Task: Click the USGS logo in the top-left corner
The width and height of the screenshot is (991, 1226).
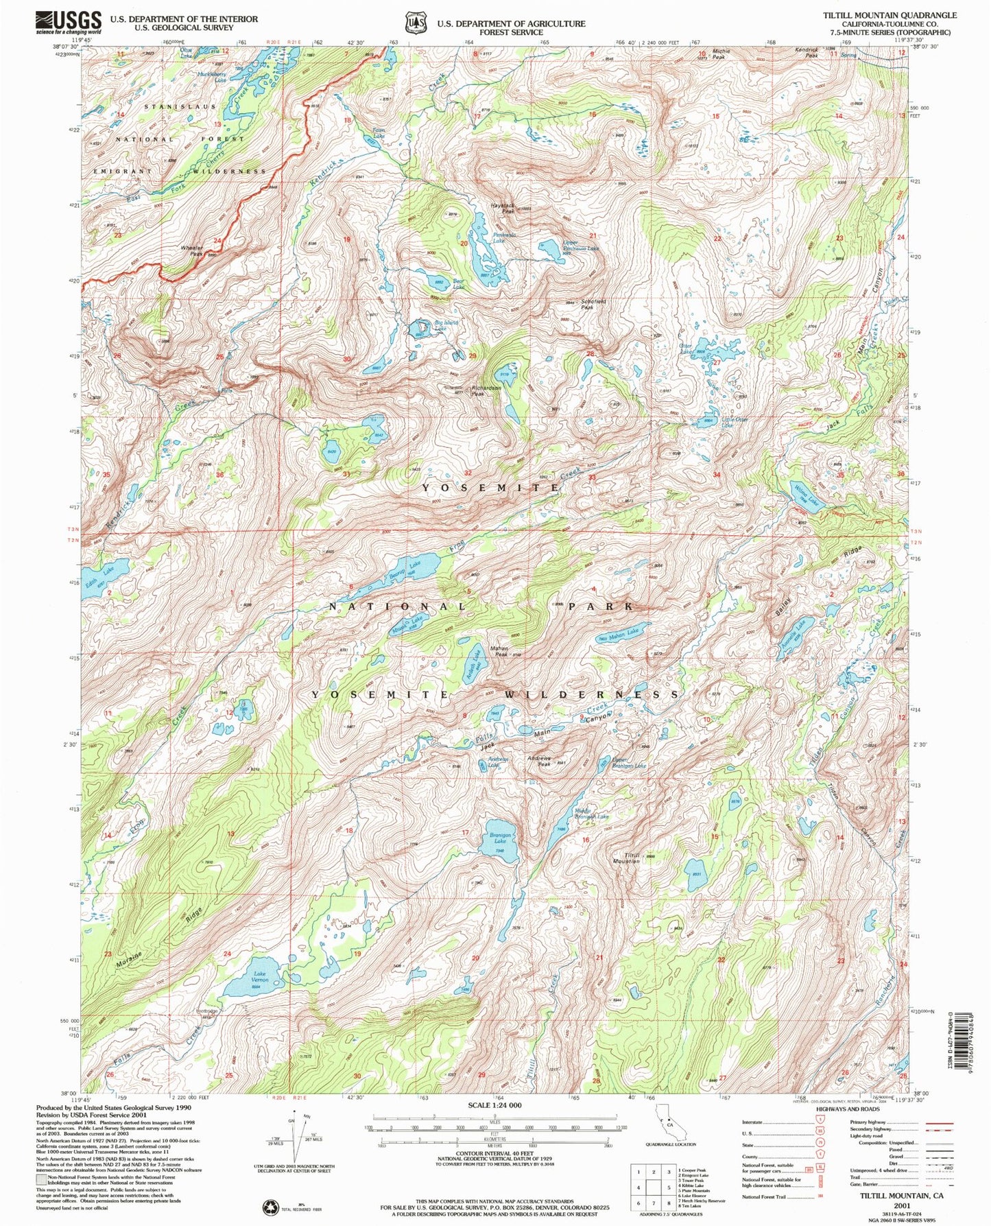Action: click(x=69, y=22)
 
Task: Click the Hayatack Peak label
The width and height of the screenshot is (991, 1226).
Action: click(x=503, y=209)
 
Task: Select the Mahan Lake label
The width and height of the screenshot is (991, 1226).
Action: click(x=624, y=632)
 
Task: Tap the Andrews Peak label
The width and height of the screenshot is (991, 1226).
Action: click(x=540, y=761)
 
